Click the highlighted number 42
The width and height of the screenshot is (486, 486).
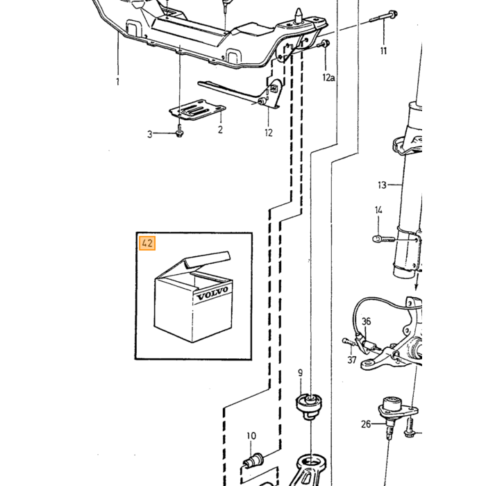click(x=147, y=243)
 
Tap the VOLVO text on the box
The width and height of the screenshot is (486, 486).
click(x=212, y=294)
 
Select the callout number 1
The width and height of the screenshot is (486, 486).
click(x=117, y=82)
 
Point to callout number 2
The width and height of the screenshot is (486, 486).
click(x=220, y=130)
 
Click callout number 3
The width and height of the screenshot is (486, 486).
click(x=150, y=134)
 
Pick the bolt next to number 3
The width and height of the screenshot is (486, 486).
click(x=179, y=131)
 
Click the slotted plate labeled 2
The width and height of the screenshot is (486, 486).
click(x=197, y=110)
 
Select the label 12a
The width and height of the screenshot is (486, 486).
click(x=328, y=78)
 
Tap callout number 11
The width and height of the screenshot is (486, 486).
click(x=384, y=51)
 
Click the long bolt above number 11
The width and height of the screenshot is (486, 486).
click(x=384, y=17)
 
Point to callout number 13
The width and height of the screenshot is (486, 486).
click(x=382, y=185)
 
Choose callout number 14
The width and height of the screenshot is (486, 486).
click(x=378, y=210)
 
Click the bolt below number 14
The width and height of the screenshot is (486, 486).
click(x=383, y=239)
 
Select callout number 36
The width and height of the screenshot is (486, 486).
click(x=367, y=321)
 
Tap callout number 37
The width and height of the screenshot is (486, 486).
click(x=351, y=360)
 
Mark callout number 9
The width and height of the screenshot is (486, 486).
click(x=300, y=373)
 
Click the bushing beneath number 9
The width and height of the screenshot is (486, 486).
click(x=309, y=405)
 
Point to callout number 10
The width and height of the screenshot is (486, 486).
click(x=251, y=436)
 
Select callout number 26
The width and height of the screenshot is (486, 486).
click(x=366, y=424)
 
